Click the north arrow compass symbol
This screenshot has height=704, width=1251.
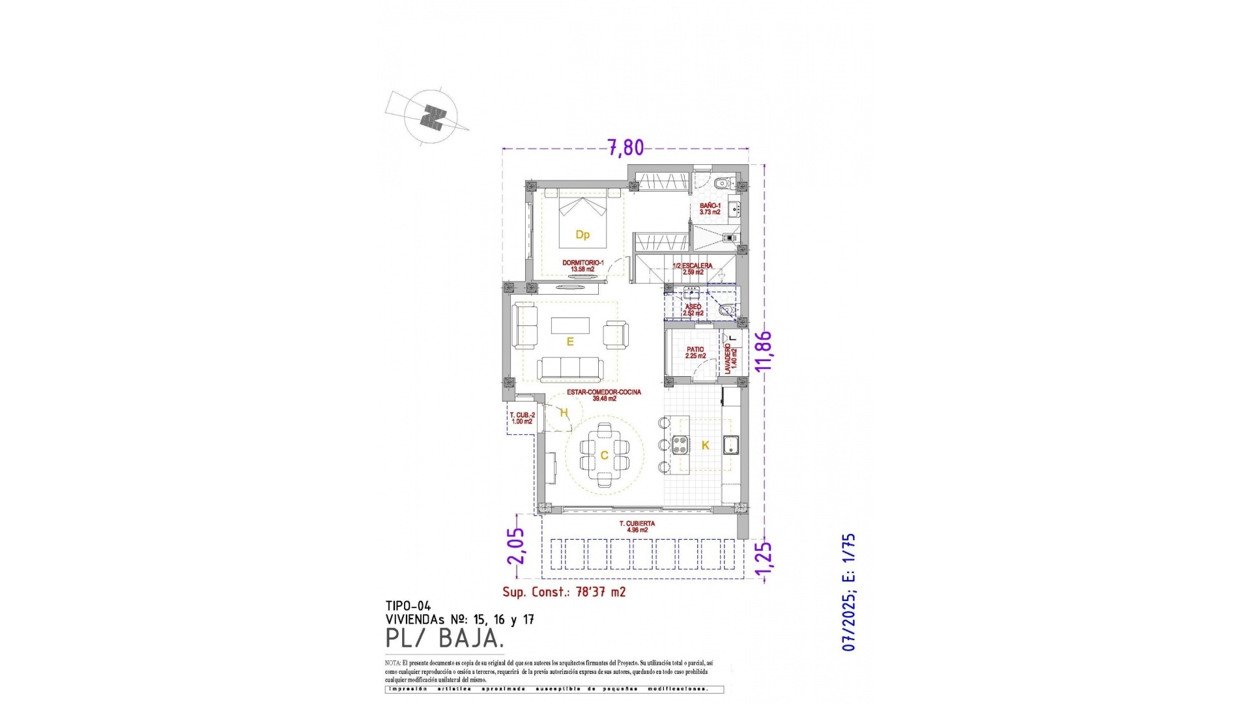pos(431,117)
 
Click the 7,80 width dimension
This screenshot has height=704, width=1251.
pos(625,148)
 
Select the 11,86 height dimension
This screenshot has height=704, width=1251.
pos(764,351)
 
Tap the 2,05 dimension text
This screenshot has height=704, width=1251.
pos(515,546)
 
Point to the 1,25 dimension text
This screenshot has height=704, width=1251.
pos(764,559)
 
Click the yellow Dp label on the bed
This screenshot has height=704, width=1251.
pos(582,235)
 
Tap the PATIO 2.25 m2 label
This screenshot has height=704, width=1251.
pos(695,353)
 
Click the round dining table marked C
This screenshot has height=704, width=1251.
pos(605,455)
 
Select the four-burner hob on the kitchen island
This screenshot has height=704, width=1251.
pos(680,445)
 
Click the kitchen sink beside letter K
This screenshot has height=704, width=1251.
pos(732,444)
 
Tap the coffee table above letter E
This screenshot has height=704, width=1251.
pos(570,325)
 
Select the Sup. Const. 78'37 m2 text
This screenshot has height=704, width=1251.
pos(564,592)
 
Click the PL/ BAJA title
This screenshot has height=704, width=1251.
pos(445,639)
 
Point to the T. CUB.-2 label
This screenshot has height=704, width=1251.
pos(522,418)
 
